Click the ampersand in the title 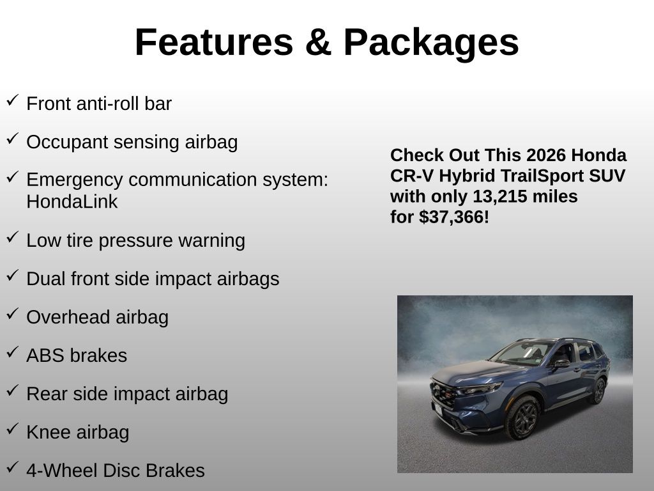[x=318, y=42]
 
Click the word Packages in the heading [x=431, y=43]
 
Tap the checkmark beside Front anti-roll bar [x=13, y=100]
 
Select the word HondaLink [x=72, y=201]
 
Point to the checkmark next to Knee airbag [x=13, y=428]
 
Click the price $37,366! [x=454, y=217]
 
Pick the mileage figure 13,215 [x=498, y=196]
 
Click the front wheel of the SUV [x=523, y=417]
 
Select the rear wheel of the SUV [x=599, y=391]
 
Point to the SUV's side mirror [x=561, y=364]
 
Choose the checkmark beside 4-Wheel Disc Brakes [x=13, y=467]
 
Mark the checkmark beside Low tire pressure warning [x=13, y=237]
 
